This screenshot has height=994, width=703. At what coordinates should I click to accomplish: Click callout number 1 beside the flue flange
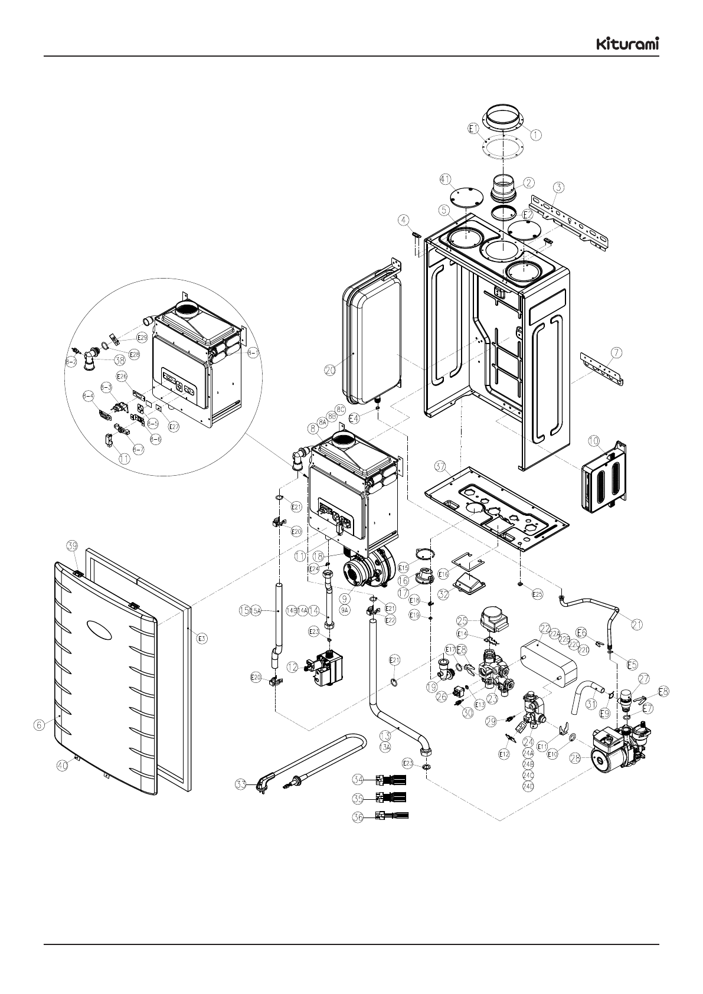pos(535,135)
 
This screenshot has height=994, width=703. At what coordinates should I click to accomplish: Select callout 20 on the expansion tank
pos(330,370)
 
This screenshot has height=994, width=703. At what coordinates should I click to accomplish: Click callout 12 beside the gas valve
pos(292,666)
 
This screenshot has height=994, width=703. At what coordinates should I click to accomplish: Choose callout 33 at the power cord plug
pos(240,785)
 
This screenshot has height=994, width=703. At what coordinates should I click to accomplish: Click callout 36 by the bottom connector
pos(358,818)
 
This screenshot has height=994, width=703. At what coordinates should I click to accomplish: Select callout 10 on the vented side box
pos(593,441)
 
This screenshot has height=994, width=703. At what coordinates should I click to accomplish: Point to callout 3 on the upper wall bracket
pos(559,187)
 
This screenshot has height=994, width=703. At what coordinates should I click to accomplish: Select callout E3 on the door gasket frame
pos(202,638)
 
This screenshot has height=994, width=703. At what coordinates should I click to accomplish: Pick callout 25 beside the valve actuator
pos(463,621)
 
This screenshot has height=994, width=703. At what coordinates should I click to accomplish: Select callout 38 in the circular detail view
pos(120,358)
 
